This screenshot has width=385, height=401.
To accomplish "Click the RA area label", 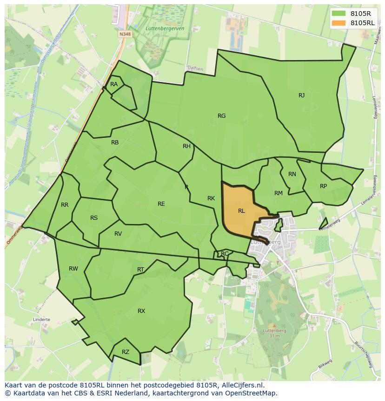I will (114, 84).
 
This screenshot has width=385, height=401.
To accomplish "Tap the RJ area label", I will (302, 95).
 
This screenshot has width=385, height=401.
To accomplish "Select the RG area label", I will (221, 116).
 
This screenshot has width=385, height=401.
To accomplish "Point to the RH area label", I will (186, 146).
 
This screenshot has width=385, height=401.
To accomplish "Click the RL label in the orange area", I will (241, 211).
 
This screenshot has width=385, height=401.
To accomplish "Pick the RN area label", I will (292, 174).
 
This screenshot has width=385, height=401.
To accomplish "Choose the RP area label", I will (323, 186).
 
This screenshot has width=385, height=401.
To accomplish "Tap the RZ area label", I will (126, 352).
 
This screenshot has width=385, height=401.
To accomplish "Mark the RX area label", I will (141, 311).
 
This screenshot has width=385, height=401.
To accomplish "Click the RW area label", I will (73, 269).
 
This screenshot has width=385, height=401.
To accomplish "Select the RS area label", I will (94, 218).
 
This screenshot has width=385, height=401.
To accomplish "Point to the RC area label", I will (225, 254).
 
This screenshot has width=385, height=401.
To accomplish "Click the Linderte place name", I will (41, 320).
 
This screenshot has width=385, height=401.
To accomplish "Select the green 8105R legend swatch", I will (338, 13).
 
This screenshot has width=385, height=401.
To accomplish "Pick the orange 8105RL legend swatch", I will (338, 22).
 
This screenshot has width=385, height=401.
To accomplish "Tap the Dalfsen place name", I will (195, 68).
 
